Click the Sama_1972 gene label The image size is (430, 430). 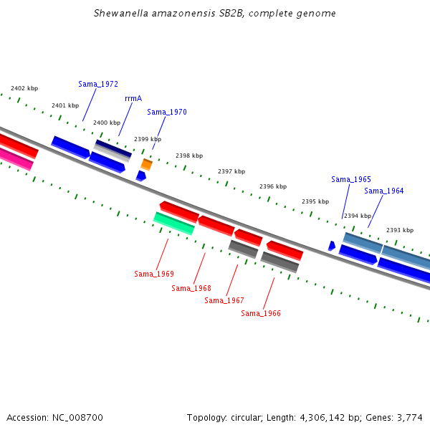(x=98, y=84)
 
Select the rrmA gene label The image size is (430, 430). (x=133, y=98)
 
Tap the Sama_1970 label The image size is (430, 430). (x=167, y=112)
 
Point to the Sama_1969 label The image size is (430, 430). (x=154, y=274)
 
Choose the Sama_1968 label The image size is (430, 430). (x=191, y=288)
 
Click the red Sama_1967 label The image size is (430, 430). (x=224, y=300)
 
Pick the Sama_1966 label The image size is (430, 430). (x=261, y=313)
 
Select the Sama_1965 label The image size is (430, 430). (x=351, y=179)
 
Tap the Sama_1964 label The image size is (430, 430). (x=384, y=191)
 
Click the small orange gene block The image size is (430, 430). (x=146, y=165)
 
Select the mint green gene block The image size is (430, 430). (x=174, y=224)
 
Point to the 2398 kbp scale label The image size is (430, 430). (x=189, y=156)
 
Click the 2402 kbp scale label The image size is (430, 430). (x=24, y=88)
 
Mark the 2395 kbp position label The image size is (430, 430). (x=315, y=201)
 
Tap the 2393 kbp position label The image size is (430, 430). (x=400, y=230)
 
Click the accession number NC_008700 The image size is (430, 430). (x=77, y=418)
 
